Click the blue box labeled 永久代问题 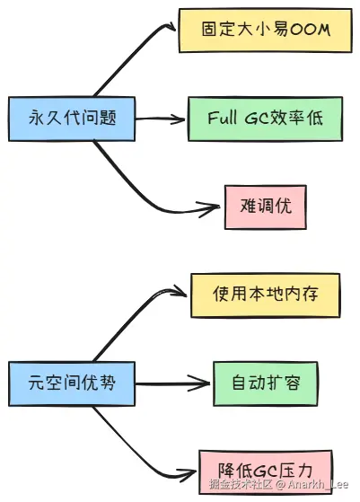(72, 119)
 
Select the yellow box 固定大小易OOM (265, 31)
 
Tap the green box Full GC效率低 (265, 119)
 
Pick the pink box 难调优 (266, 207)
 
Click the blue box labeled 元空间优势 (72, 383)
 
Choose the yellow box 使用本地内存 (265, 295)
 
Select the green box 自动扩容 (266, 383)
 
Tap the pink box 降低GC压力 (266, 471)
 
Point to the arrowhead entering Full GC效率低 (180, 119)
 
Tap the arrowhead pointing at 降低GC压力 (189, 473)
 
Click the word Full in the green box (223, 118)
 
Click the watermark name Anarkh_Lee (318, 484)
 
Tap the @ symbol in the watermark (280, 484)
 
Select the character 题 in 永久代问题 (108, 118)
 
